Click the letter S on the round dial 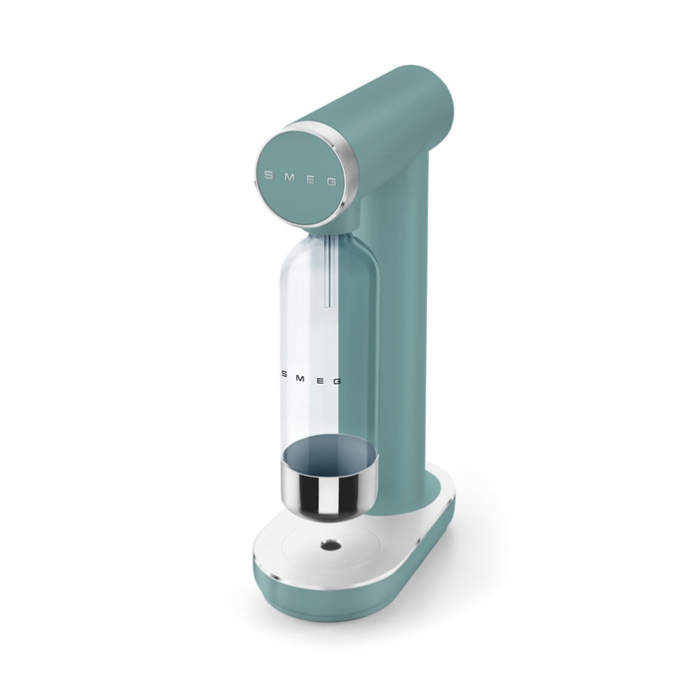268,174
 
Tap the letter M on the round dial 289,176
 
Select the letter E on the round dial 311,178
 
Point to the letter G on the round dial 332,181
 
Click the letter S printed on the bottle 284,374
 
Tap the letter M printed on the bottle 300,379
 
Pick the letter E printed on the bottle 320,381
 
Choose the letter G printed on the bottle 337,381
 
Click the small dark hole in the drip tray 331,544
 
